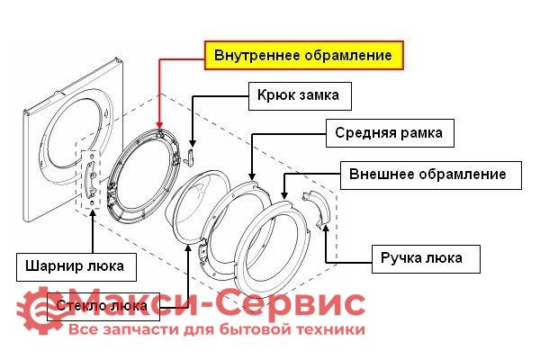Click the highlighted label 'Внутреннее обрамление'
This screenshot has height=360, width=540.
[302, 55]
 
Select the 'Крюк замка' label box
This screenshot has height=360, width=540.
[298, 94]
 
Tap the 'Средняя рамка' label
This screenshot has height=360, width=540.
[388, 134]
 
